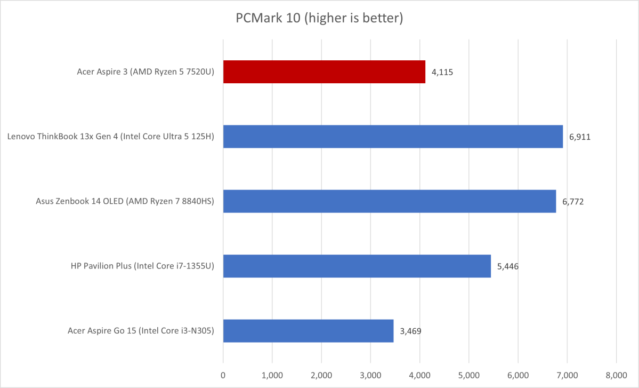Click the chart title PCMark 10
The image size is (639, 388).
319,19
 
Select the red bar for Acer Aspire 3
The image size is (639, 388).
324,72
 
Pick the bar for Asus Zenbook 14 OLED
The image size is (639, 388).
389,201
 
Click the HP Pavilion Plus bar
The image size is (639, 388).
357,266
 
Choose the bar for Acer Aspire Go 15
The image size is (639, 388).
308,331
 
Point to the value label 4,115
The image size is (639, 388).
442,72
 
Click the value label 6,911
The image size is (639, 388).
580,137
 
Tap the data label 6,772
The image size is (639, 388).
573,202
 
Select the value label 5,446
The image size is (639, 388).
507,266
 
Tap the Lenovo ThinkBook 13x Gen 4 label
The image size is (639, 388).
111,137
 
